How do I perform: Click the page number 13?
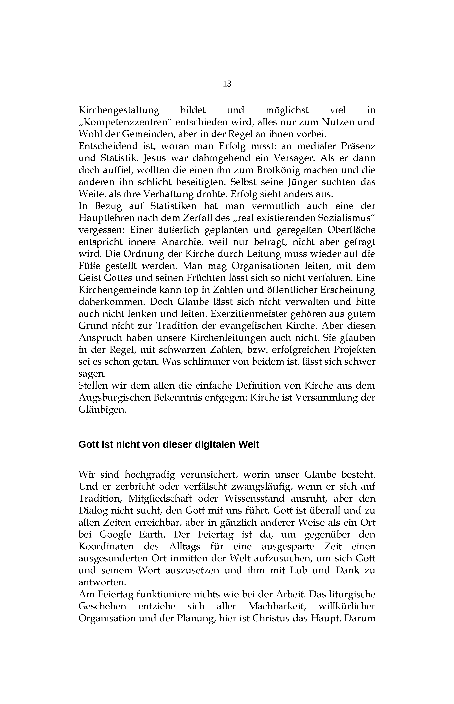coord(227,84)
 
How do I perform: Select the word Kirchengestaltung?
coord(119,110)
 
